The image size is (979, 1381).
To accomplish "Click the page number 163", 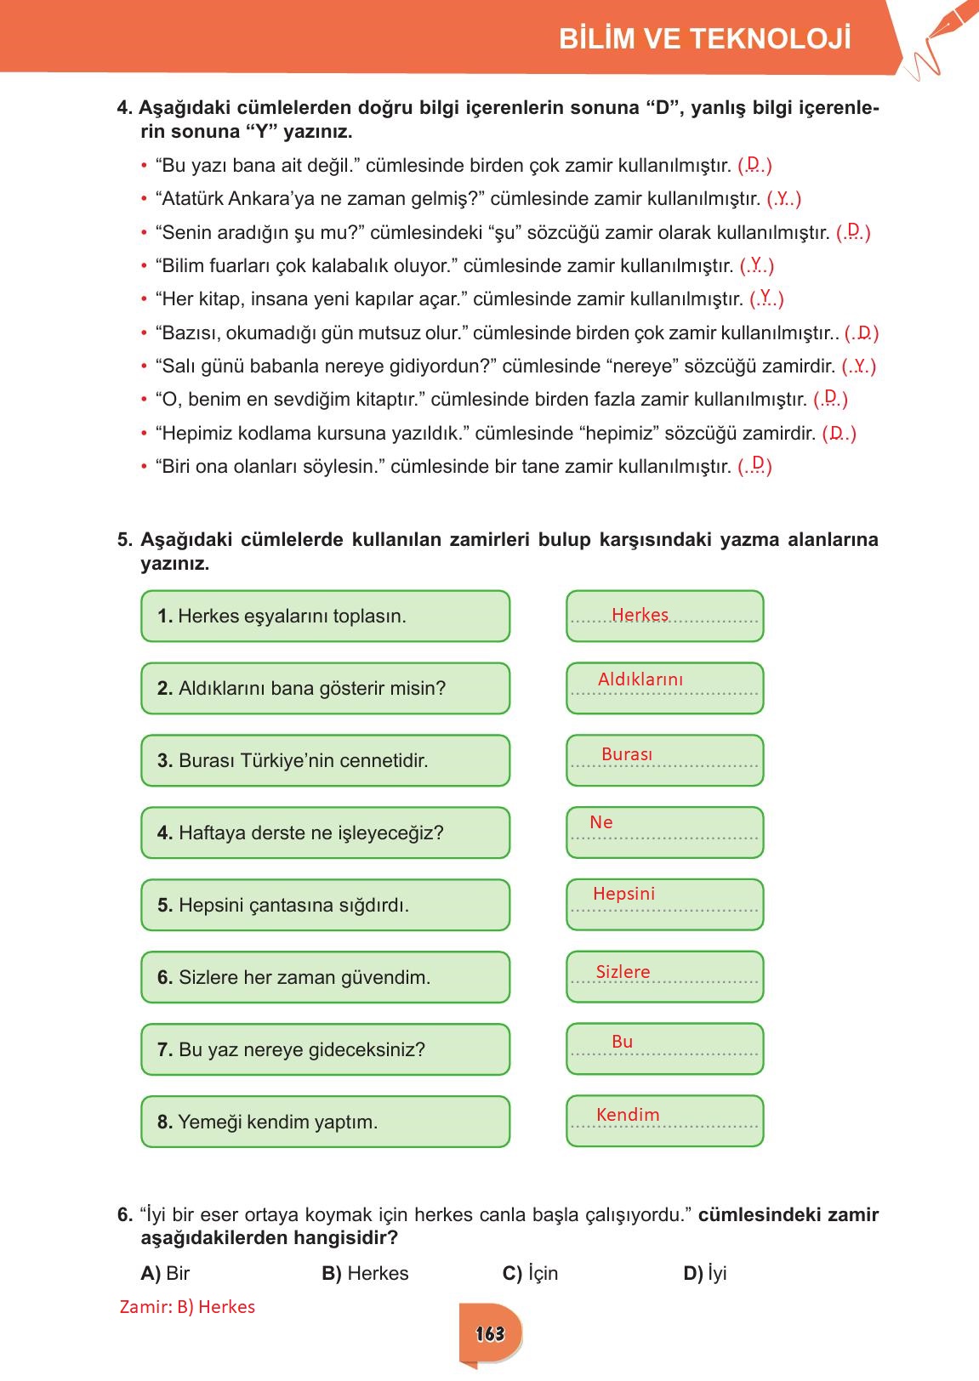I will point(490,1333).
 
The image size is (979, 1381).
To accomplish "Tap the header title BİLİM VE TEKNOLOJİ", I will point(705,39).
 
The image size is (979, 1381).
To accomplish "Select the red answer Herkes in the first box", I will point(640,615).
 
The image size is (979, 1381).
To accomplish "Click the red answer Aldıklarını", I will point(640,679).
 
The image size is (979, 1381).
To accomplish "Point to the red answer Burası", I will point(627,754).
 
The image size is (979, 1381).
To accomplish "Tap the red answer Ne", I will point(601,822).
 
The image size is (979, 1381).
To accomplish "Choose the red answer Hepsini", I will point(623,894).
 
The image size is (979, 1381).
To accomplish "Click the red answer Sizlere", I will point(623,972).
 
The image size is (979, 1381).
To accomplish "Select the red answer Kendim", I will point(628,1115).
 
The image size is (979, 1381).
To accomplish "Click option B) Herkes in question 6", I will point(366,1273).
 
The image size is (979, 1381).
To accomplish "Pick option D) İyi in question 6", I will point(705,1273).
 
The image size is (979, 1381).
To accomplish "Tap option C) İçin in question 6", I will point(531,1273).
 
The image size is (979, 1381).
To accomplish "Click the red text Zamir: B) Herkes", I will point(188,1307).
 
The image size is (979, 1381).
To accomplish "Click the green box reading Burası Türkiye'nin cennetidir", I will point(325,760).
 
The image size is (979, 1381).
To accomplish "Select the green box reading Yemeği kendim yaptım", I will point(325,1122).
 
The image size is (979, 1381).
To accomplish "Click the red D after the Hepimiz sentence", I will point(837,433).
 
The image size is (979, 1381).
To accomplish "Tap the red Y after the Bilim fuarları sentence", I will point(756,264).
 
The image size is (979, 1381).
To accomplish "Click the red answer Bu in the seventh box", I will point(622,1042).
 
